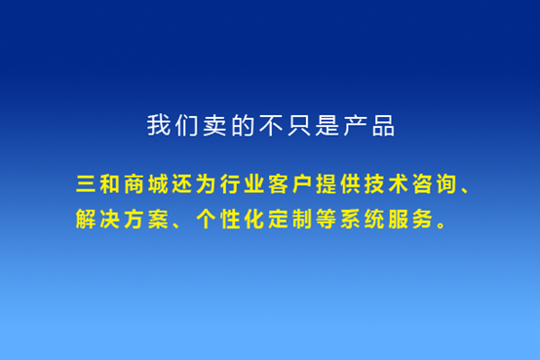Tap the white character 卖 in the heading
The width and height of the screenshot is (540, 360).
214,126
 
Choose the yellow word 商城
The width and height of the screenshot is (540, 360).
141,183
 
